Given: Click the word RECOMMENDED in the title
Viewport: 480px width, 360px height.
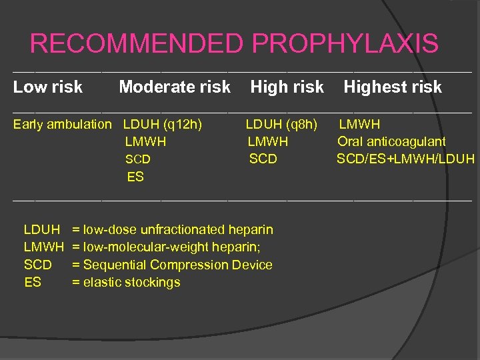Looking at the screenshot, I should coord(137,44).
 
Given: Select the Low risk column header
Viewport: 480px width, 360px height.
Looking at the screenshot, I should coord(48,87).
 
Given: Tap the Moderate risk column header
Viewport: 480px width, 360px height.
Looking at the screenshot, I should coord(174,87).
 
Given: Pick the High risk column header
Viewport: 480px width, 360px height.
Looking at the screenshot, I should coord(287,87).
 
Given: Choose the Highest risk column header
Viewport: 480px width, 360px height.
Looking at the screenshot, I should coord(393,87).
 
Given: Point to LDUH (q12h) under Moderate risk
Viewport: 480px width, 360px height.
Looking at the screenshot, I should coord(163,124).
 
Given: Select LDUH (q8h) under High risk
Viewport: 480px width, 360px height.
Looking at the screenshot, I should coord(282,124).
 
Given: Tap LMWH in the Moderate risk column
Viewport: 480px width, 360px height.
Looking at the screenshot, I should coord(145,141).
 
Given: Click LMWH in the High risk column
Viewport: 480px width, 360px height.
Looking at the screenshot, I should coord(268,141).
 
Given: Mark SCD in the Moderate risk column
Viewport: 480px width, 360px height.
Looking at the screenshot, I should coord(138,159).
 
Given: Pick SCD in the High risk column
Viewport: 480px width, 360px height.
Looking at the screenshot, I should coord(263,159).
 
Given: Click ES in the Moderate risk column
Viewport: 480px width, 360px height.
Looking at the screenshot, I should coord(135,177).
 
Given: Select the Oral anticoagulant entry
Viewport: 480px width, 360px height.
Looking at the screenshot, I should coord(391,141).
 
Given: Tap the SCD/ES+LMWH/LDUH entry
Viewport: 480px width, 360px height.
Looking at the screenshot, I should coord(405,159).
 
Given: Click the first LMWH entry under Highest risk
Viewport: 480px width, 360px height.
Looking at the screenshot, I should coord(360,124).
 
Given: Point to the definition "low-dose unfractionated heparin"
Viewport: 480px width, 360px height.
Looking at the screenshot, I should coord(178,230).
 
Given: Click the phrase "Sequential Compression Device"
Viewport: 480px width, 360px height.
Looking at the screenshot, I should coord(178,265).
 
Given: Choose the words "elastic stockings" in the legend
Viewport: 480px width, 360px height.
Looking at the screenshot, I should coord(131,282).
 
